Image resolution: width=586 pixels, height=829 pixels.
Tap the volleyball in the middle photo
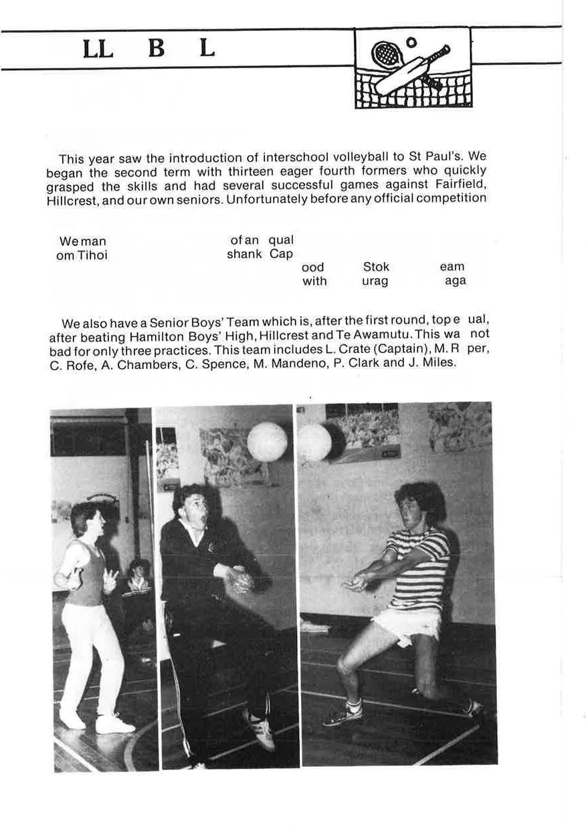[x=267, y=442]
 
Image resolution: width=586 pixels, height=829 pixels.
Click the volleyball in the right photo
[x=314, y=443]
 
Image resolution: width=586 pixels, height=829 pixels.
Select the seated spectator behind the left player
[x=138, y=578]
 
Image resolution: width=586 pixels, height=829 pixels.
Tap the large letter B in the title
[x=156, y=49]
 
